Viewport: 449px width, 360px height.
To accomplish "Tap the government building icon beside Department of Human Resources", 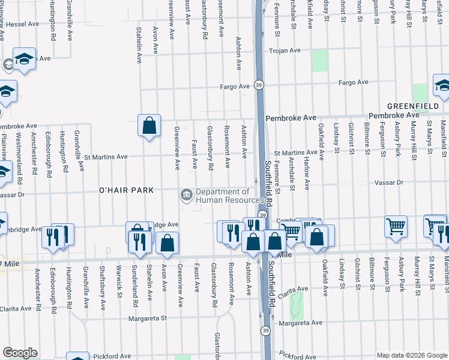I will pos(186,196).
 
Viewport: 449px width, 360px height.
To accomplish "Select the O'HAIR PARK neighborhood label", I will pos(127,190).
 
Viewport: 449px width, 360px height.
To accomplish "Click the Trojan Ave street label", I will pos(285,50).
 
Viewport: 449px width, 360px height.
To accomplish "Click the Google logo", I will pos(19,353).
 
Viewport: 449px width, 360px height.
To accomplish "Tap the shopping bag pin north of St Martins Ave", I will pos(149,125).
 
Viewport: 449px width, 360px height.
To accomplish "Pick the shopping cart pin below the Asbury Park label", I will pos(396,227).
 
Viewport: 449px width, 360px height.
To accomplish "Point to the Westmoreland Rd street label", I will pos(19,162).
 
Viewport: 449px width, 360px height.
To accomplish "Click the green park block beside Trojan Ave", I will pos(319,61).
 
